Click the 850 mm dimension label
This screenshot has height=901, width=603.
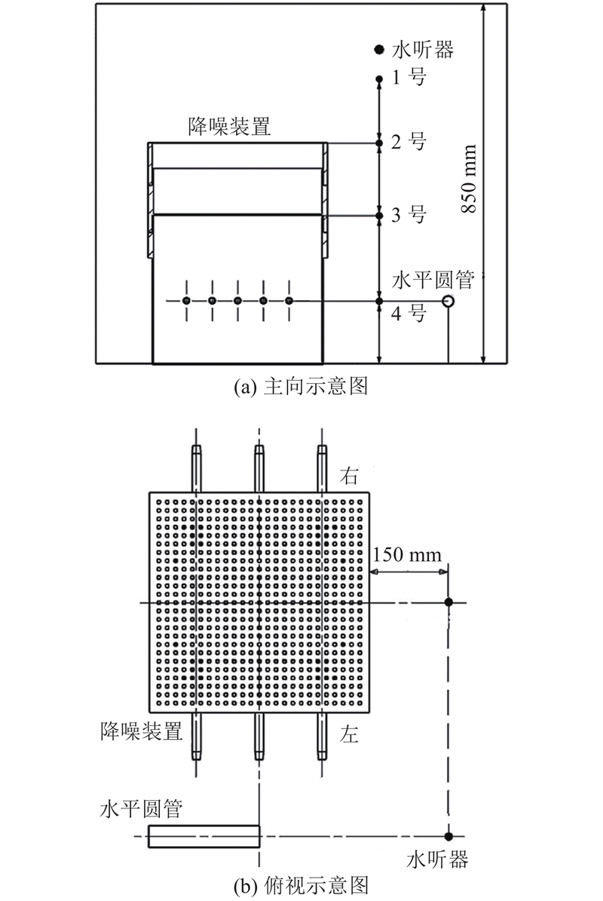coord(470,179)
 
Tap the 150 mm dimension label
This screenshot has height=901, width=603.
coord(407,554)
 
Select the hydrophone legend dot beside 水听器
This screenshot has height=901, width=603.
coord(379,50)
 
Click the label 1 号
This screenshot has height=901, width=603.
coord(409,77)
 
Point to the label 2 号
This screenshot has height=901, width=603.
coord(409,141)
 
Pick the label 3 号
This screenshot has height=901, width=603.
coord(409,215)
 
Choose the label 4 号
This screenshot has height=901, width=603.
coord(409,314)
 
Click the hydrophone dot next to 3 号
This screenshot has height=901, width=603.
coord(378,216)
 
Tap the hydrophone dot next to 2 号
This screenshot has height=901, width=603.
coord(378,143)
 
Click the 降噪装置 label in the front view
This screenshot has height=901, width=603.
coord(230,127)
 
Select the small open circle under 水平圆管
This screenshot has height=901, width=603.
coord(448,301)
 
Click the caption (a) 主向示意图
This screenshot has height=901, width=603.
coord(301,386)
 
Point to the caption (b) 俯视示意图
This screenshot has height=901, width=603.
coord(301,885)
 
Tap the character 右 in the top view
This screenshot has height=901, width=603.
coord(349,476)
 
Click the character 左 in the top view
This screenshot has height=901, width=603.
coord(349,734)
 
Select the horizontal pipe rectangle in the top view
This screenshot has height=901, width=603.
coord(204,836)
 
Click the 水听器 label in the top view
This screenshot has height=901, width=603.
coord(438,860)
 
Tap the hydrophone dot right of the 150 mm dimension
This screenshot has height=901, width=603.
coord(448,602)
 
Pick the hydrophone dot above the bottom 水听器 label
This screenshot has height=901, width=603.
coord(448,836)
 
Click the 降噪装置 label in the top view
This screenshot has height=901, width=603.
coord(141,731)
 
